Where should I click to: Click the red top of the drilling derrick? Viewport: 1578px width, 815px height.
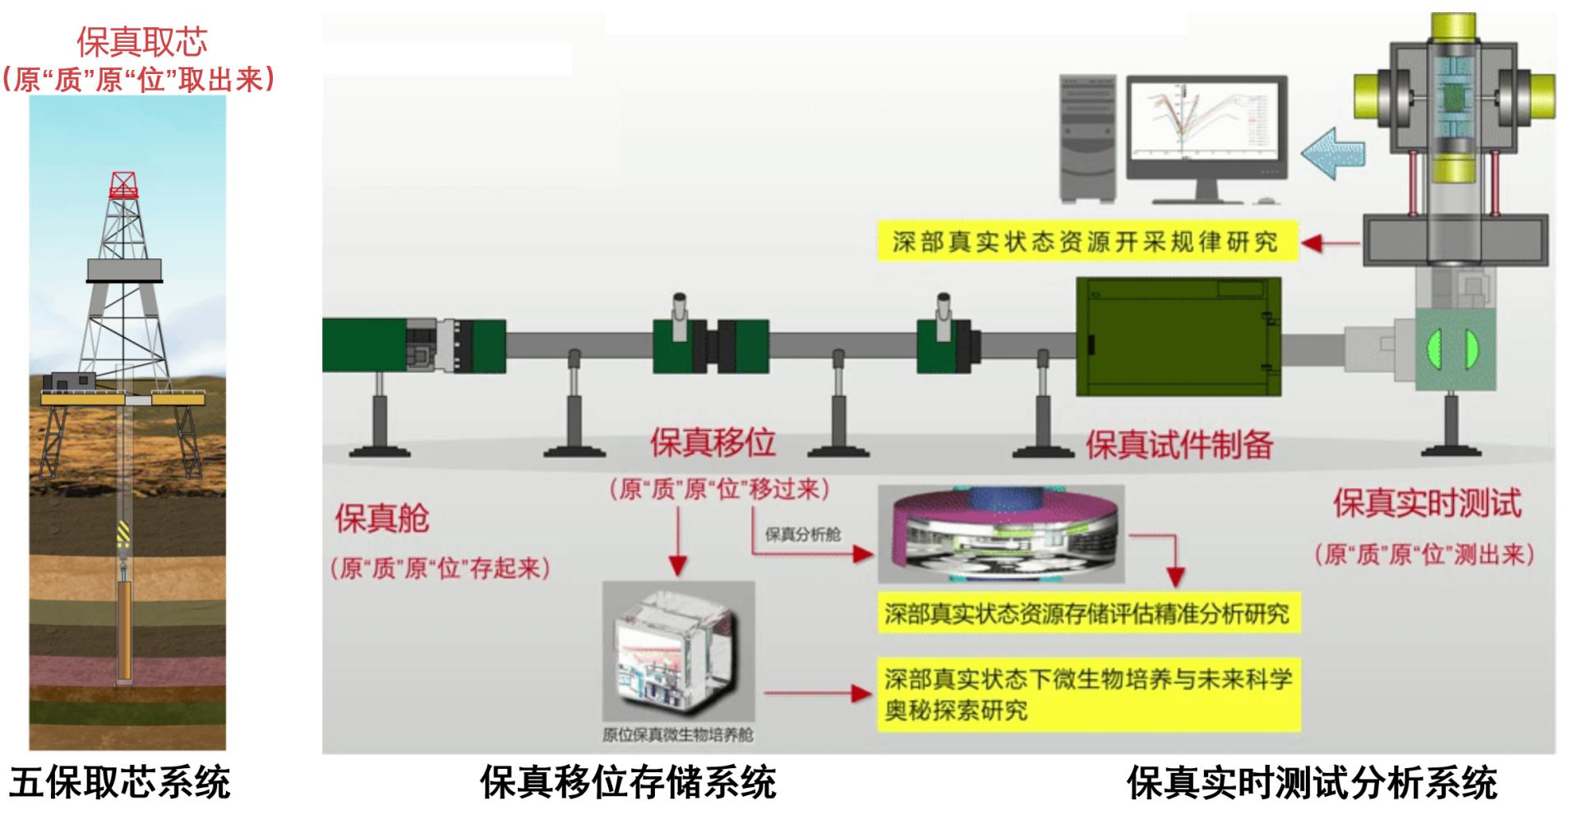click(123, 185)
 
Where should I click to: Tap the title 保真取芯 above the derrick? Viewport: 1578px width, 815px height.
click(141, 42)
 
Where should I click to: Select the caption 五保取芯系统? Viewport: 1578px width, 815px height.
click(120, 782)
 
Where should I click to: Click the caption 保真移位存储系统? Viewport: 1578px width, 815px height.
click(628, 782)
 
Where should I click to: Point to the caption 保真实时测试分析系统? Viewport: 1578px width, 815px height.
click(1312, 782)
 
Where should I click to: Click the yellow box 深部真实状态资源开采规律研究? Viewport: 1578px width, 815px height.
click(1086, 242)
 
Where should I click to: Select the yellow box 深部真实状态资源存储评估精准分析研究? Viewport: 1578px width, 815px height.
click(1087, 614)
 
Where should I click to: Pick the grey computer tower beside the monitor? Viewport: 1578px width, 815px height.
click(1088, 138)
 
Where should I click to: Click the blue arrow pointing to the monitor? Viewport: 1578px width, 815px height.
click(1332, 153)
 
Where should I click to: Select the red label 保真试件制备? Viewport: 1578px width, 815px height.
click(1179, 445)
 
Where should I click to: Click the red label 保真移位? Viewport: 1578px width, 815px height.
click(713, 442)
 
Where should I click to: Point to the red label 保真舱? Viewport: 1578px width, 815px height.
click(381, 519)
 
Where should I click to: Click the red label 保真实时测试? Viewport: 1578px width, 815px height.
click(1427, 503)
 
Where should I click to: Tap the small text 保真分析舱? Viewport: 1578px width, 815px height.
click(802, 535)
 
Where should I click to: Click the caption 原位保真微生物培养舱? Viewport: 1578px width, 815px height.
click(677, 734)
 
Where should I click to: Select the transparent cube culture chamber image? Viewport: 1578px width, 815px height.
click(678, 651)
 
